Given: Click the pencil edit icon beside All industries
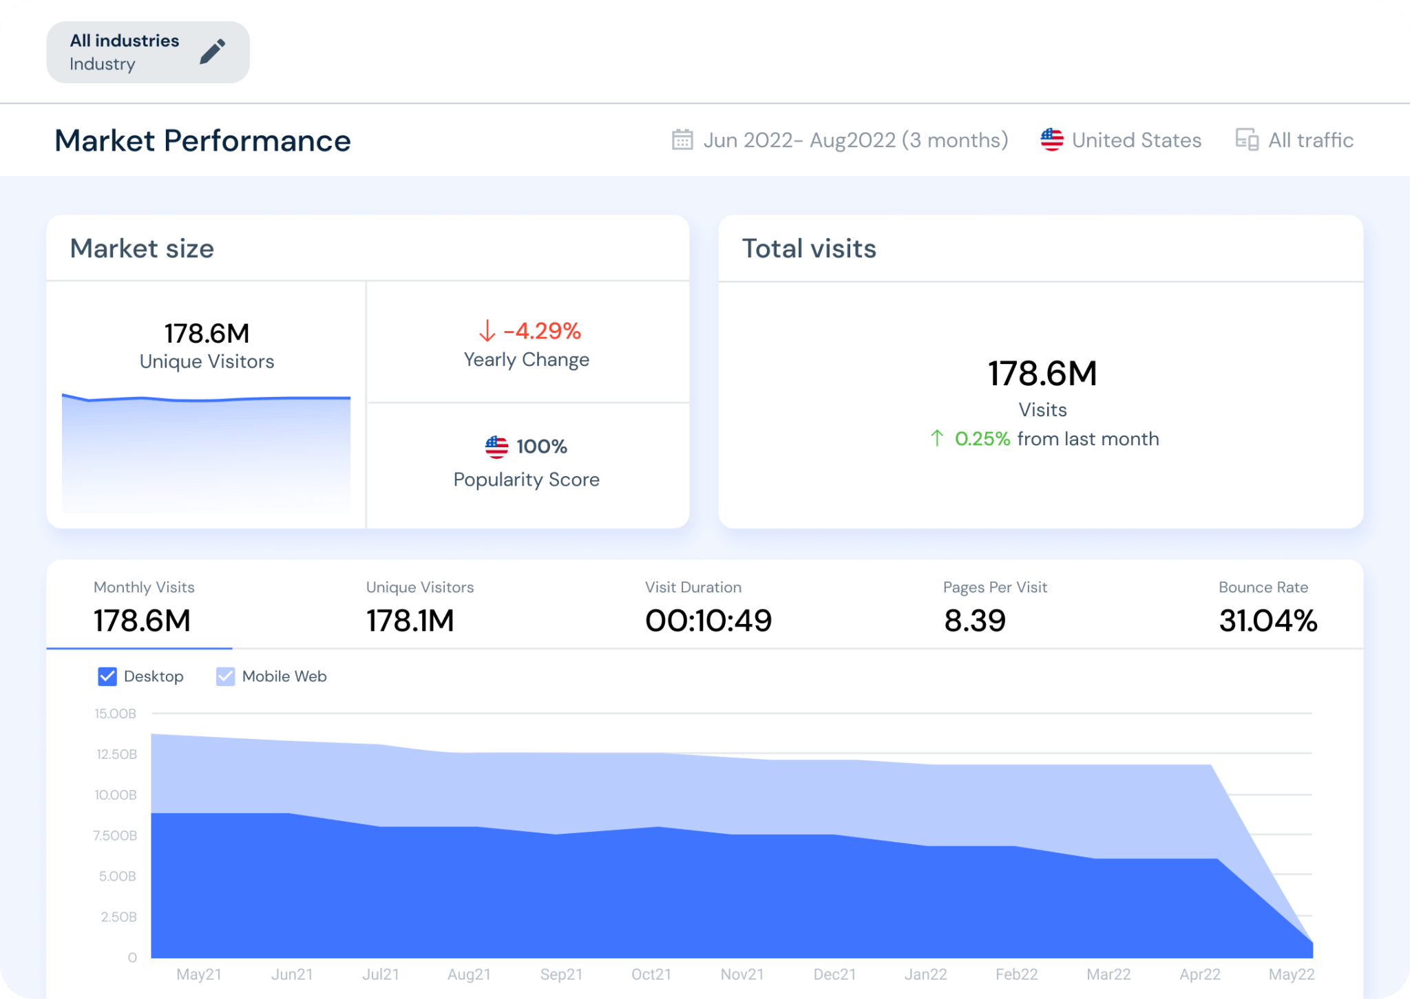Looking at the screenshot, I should (x=212, y=52).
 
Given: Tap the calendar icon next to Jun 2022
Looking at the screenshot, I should (x=682, y=140).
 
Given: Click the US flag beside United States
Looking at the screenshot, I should (x=1051, y=140).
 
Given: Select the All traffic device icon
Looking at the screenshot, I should (x=1246, y=140).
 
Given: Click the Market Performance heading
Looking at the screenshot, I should (x=202, y=140).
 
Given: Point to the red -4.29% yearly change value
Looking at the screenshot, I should (x=542, y=331).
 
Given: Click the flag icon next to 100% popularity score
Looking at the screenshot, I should (x=496, y=447).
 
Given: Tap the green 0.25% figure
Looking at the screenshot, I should (x=982, y=439).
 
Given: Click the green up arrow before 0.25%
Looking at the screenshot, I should (x=937, y=438).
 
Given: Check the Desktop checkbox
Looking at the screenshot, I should (x=107, y=676).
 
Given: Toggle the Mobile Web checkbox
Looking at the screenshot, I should (x=226, y=676).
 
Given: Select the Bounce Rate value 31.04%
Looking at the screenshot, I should (x=1267, y=621).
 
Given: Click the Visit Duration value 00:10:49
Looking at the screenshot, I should (x=708, y=621).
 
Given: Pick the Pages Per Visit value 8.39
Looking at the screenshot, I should (x=974, y=621).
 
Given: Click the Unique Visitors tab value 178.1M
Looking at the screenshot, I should (x=410, y=621).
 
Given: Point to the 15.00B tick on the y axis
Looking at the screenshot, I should (x=116, y=713).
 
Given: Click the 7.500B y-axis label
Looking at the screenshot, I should (x=115, y=835).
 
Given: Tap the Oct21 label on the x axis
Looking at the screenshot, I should (x=651, y=974).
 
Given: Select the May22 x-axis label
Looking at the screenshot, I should (x=1291, y=974).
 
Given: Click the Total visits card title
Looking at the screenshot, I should (x=809, y=248).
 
